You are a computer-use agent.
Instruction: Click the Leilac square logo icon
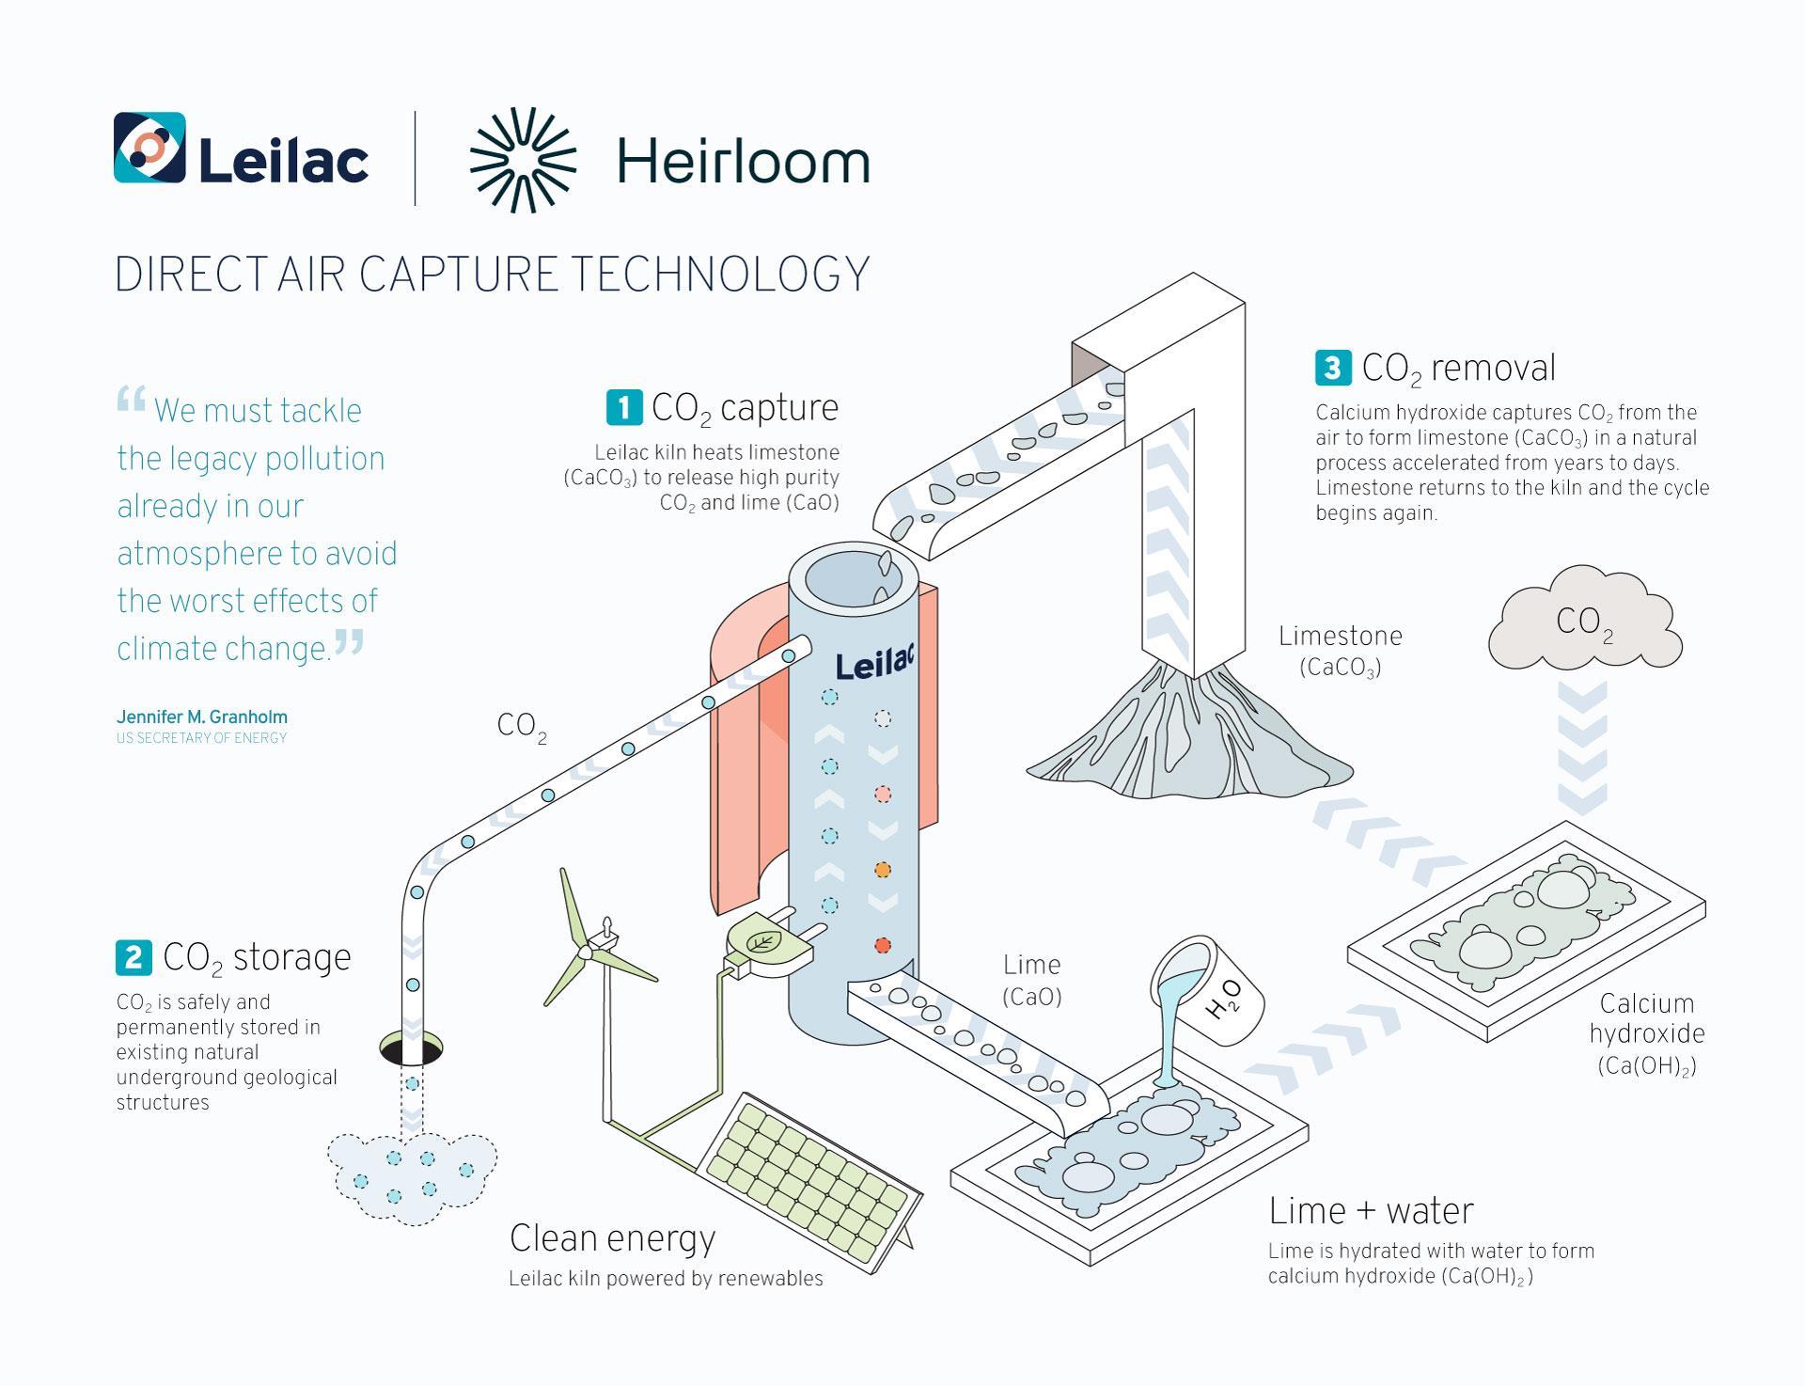click(x=149, y=148)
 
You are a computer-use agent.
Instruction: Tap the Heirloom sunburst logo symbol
click(x=523, y=160)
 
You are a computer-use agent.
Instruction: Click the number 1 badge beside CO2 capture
click(x=624, y=407)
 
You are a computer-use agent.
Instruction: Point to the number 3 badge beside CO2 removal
click(x=1333, y=368)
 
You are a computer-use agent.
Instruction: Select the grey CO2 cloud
click(x=1585, y=620)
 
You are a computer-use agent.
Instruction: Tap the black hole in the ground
click(x=411, y=1048)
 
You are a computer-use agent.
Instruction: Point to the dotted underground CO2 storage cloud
click(x=412, y=1176)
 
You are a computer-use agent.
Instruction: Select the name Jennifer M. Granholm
click(x=202, y=717)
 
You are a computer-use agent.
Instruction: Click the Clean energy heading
click(x=612, y=1238)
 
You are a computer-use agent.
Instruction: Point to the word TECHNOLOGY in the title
click(x=720, y=275)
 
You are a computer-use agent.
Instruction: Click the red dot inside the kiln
click(x=882, y=945)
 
